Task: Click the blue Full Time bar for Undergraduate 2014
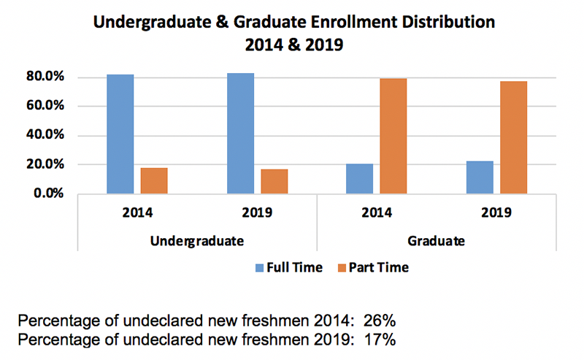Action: point(120,134)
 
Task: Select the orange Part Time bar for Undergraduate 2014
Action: point(154,181)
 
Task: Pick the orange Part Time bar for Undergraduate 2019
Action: point(274,182)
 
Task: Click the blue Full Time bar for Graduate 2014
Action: point(359,179)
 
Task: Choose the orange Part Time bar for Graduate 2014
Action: point(393,137)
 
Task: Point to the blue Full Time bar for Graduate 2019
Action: point(480,177)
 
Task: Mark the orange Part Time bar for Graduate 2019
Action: point(514,137)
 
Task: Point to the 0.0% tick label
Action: point(51,194)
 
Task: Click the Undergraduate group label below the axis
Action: point(197,240)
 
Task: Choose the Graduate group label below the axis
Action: point(437,240)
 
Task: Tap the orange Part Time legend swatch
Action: point(342,267)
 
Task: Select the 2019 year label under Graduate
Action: point(497,213)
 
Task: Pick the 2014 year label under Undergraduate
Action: point(137,213)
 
